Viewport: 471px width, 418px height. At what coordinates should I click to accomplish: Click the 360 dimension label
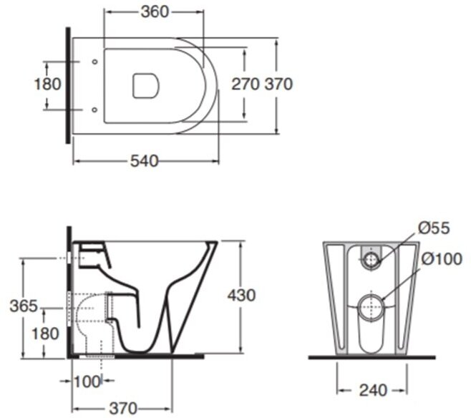click(x=155, y=11)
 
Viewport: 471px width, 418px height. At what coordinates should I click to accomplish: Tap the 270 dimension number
click(x=244, y=84)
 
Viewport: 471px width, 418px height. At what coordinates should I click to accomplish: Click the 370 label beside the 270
click(x=278, y=84)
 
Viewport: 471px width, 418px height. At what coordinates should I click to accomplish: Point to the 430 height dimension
click(x=241, y=294)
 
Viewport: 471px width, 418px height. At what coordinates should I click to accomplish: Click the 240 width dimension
click(x=372, y=390)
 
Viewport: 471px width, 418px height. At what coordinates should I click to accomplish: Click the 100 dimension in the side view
click(x=87, y=381)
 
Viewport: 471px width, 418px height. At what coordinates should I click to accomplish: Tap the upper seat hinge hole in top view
click(x=95, y=62)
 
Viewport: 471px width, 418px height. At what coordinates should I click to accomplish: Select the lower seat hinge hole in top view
click(x=95, y=110)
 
